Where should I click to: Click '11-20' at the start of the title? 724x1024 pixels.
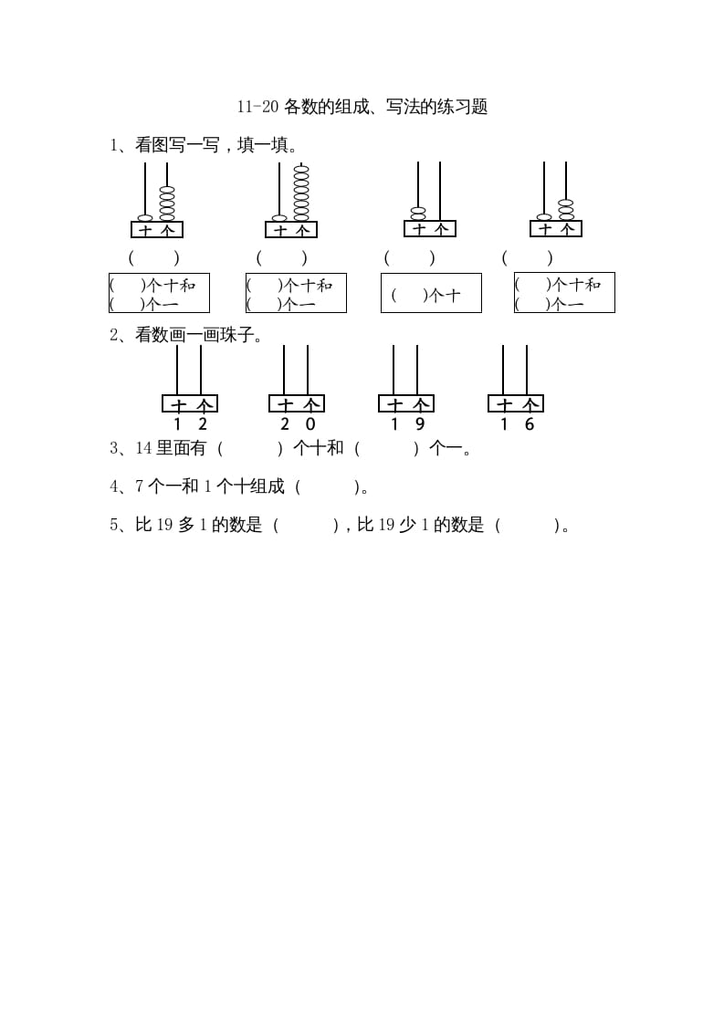[x=257, y=107]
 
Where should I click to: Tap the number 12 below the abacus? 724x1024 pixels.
[x=190, y=424]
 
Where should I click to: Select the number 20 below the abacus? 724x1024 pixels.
[x=298, y=424]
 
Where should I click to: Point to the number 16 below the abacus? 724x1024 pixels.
[x=517, y=424]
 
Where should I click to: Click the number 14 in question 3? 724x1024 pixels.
[x=143, y=448]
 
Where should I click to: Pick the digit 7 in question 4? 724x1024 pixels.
[x=139, y=486]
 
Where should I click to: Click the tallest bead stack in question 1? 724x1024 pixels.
[x=301, y=193]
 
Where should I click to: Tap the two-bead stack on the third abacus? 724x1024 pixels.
[x=418, y=214]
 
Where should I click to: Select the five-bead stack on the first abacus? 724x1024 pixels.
[x=167, y=203]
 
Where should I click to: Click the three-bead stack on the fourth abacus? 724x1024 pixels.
[x=566, y=210]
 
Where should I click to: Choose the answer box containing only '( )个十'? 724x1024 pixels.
[x=431, y=293]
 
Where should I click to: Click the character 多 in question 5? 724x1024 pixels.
[x=185, y=525]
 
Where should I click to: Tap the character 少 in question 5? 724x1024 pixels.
[x=407, y=525]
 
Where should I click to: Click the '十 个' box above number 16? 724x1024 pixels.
[x=516, y=403]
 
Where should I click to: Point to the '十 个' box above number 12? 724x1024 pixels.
[x=190, y=403]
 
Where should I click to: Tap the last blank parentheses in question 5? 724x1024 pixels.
[x=529, y=526]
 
